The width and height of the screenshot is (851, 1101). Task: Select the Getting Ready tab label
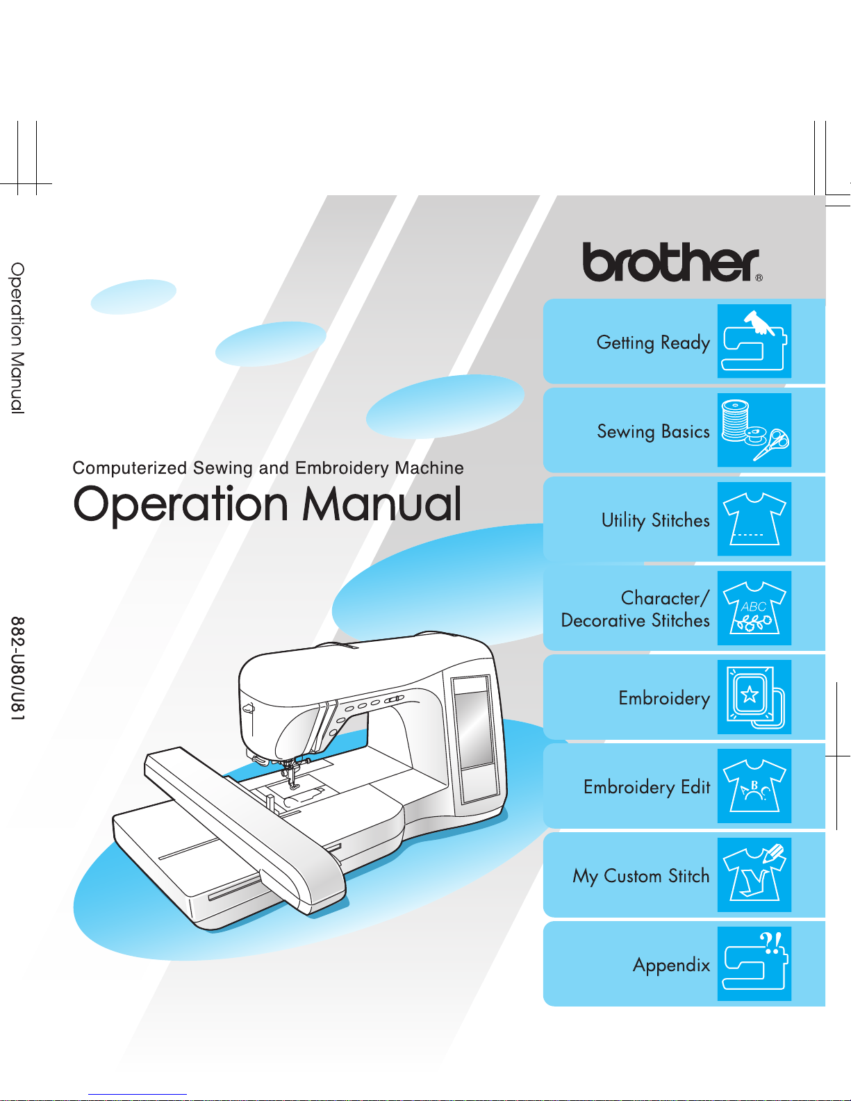(653, 343)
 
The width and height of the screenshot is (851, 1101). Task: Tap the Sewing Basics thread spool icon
(754, 430)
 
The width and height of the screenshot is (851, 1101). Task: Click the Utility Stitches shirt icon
(754, 519)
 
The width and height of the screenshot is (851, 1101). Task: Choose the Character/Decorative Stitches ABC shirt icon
(754, 608)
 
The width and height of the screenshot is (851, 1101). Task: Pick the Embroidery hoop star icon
(754, 697)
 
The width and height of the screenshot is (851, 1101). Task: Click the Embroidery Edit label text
(646, 787)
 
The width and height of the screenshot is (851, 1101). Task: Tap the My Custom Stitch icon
(754, 875)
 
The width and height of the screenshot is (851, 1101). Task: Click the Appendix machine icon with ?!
(754, 963)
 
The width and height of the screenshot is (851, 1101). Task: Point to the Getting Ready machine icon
(754, 341)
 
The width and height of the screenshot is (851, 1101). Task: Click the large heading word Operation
(181, 505)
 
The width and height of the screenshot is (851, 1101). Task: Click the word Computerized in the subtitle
(130, 468)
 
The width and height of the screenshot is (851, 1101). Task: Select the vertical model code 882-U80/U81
(18, 668)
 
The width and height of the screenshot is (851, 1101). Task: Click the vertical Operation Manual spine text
(18, 338)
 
